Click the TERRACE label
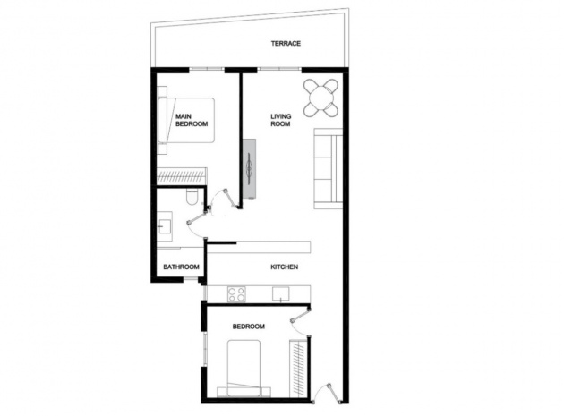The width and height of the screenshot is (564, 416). (x=286, y=43)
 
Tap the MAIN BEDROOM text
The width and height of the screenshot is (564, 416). (x=191, y=121)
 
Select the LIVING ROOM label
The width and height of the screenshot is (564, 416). (x=281, y=120)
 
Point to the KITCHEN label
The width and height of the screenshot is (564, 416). (x=284, y=267)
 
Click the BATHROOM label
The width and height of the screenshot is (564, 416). (x=180, y=267)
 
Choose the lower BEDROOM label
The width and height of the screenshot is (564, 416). (x=248, y=327)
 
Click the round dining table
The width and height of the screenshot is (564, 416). (x=321, y=98)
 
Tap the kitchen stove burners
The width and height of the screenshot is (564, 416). (x=238, y=293)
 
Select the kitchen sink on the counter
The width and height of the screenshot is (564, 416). (x=281, y=293)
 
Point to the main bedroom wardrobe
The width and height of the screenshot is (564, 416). (x=182, y=176)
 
